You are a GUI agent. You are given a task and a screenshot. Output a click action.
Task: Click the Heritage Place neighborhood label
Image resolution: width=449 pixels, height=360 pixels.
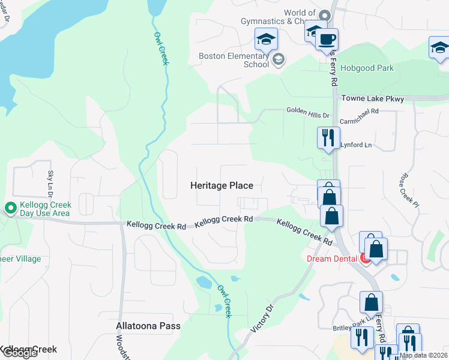click(x=221, y=186)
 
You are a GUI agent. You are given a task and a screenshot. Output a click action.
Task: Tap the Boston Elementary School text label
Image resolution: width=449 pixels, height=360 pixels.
click(x=234, y=61)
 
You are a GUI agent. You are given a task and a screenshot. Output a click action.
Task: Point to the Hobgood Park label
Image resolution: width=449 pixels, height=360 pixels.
click(x=367, y=68)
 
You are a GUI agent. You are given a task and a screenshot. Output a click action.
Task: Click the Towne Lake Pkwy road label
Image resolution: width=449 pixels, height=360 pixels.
click(x=373, y=98)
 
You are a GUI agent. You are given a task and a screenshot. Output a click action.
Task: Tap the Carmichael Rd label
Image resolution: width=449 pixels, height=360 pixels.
click(x=359, y=112)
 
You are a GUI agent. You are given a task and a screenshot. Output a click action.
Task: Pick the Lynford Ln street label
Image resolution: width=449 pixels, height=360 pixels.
click(x=356, y=145)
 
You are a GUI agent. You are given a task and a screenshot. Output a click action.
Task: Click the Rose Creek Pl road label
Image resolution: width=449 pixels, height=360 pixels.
click(x=408, y=191)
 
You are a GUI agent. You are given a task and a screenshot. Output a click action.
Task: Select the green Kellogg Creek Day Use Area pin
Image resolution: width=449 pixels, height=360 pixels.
click(x=10, y=208)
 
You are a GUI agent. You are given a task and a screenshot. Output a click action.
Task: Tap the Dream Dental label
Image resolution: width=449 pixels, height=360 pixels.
click(x=332, y=259)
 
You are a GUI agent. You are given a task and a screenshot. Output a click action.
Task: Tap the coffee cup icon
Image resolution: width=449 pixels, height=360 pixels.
click(x=327, y=40)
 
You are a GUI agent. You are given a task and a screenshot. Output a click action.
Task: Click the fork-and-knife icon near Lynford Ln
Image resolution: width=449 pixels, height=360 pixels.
click(x=328, y=137)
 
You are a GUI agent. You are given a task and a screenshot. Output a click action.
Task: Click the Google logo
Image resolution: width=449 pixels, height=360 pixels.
click(x=19, y=353)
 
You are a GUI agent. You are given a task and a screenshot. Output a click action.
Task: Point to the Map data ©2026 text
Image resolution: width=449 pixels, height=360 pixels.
click(x=424, y=355)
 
